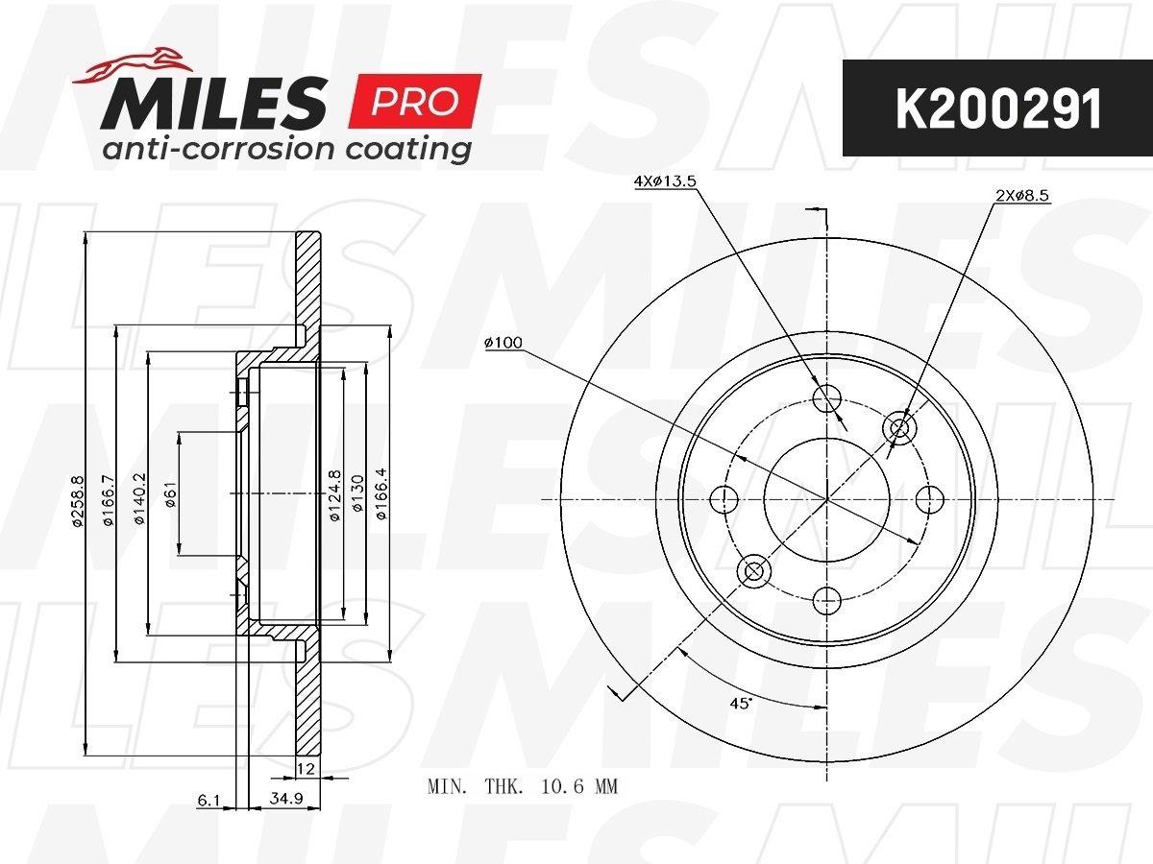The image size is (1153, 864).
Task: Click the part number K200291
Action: [x=998, y=108]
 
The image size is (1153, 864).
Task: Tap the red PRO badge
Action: [x=415, y=101]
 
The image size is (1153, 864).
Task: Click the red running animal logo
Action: [x=133, y=66]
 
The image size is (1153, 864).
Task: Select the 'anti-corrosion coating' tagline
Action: [x=286, y=149]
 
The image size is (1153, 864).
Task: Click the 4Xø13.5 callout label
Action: [x=665, y=181]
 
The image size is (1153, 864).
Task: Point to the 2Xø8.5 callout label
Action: [x=1022, y=196]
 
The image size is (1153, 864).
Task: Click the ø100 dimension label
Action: [x=503, y=343]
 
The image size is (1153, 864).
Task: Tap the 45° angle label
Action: [x=741, y=703]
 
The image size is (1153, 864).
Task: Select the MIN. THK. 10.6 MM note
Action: [x=523, y=786]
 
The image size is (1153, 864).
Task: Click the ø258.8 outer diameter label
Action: [x=78, y=501]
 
